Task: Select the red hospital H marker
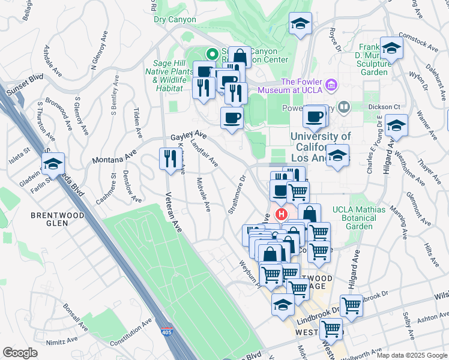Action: click(280, 214)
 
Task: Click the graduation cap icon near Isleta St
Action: click(53, 163)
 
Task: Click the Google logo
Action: click(20, 353)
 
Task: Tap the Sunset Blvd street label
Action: click(25, 82)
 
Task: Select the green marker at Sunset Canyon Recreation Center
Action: click(211, 53)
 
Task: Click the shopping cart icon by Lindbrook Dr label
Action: click(351, 305)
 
